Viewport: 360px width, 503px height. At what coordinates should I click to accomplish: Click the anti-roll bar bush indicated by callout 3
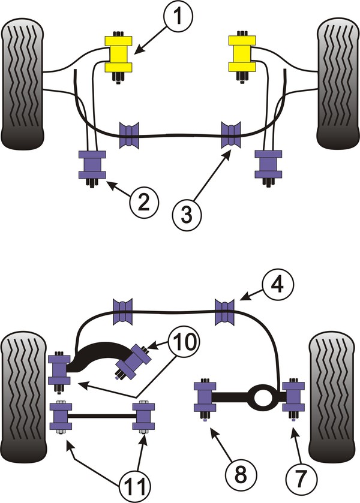(x=230, y=135)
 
